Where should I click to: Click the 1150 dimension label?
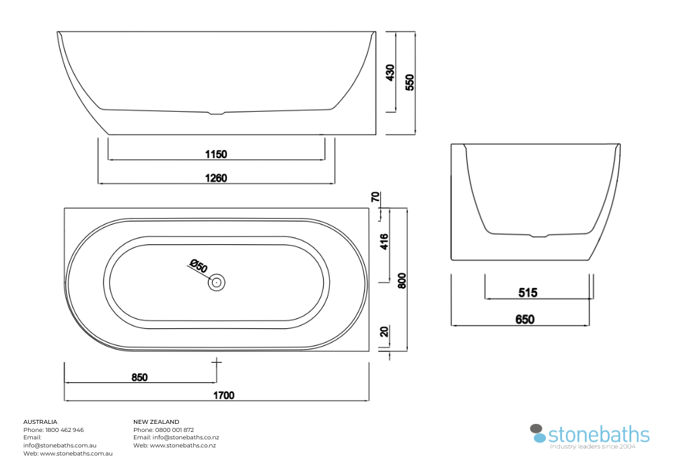(x=216, y=154)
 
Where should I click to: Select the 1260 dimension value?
(x=216, y=178)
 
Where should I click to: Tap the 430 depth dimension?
(x=390, y=73)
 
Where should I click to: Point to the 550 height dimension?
(x=410, y=82)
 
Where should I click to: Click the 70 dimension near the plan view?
(x=376, y=197)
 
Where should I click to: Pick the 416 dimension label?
(x=384, y=242)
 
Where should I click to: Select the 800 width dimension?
(x=402, y=281)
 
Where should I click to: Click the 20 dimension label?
(x=384, y=332)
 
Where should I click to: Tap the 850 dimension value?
(x=139, y=377)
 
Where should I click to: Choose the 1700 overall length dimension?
(x=224, y=395)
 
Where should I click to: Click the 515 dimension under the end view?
(x=528, y=293)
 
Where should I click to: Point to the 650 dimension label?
(x=525, y=320)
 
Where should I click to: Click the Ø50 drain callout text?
(x=199, y=266)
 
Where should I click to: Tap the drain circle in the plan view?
(x=217, y=282)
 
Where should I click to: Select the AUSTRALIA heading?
(x=40, y=422)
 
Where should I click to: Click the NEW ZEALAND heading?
(x=156, y=422)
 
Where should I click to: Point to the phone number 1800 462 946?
(x=65, y=430)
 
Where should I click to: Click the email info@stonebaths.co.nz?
(x=186, y=437)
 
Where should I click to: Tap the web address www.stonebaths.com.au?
(x=77, y=454)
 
